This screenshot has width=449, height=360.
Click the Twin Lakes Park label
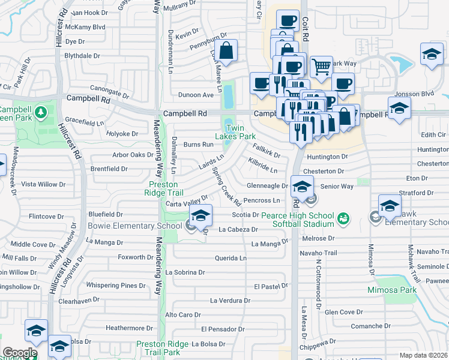[x=244, y=132]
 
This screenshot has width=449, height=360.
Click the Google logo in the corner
[x=19, y=353]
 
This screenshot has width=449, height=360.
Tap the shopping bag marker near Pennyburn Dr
[x=226, y=52]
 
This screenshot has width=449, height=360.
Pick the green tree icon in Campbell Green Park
[x=40, y=112]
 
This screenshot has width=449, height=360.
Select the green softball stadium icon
[x=342, y=218]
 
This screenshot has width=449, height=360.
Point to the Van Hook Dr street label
[x=89, y=12]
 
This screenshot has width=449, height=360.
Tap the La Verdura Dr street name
[x=229, y=300]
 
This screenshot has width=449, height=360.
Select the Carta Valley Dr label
[x=187, y=200]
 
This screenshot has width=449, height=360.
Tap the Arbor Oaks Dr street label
[x=133, y=155]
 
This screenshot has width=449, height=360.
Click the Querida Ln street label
[x=231, y=258]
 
